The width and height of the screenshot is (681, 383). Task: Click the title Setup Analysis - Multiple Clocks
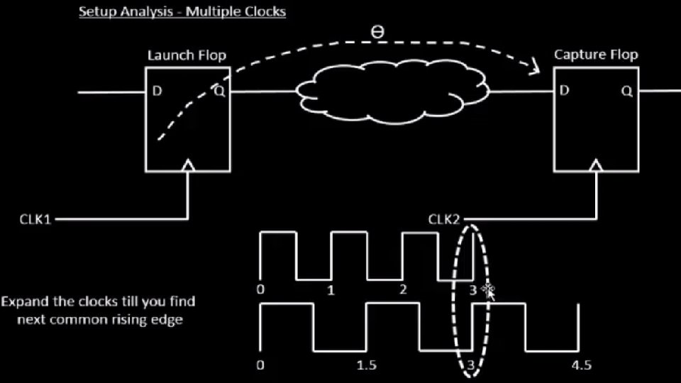tap(182, 12)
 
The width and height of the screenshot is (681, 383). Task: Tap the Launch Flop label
tap(187, 55)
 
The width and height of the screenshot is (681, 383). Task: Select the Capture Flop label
tap(596, 55)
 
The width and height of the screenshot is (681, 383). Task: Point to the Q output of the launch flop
tap(218, 91)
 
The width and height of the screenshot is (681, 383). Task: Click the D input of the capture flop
tap(565, 91)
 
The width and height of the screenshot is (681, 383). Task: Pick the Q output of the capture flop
tap(626, 91)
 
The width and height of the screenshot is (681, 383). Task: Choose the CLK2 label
tap(445, 219)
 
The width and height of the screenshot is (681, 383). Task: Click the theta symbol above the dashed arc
tap(377, 33)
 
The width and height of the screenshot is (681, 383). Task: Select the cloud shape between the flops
tap(392, 91)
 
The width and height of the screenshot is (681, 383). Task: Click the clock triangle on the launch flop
tap(188, 166)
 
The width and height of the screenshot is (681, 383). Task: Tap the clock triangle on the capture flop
tap(596, 166)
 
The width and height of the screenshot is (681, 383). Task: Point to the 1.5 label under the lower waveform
tap(366, 365)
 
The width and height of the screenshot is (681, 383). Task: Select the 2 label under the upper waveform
tap(403, 289)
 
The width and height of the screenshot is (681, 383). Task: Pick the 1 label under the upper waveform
tap(331, 289)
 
